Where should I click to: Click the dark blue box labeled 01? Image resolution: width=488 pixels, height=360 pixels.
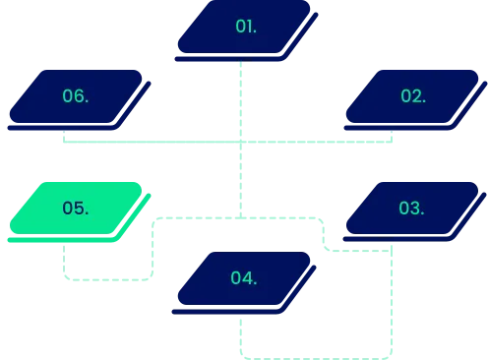[x=246, y=27]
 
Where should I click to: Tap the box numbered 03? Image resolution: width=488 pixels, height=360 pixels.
[x=412, y=209]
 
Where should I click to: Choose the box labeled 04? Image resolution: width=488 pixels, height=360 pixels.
[x=246, y=278]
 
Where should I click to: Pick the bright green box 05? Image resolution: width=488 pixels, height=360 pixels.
[x=77, y=209]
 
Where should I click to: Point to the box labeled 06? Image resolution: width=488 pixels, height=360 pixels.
[x=77, y=96]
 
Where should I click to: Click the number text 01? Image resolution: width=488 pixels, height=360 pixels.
[x=246, y=27]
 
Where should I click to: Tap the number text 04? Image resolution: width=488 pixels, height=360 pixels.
[x=244, y=278]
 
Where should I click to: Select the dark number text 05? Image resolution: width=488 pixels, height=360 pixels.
[x=76, y=209]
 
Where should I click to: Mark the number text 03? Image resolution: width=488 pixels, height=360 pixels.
[x=411, y=209]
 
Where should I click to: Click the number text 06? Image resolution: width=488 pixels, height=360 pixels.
[x=76, y=96]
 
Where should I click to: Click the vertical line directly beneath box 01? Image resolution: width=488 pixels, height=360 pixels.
[x=240, y=98]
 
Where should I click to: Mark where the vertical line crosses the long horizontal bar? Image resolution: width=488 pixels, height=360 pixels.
[x=240, y=143]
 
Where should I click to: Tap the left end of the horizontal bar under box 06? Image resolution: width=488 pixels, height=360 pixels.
[x=66, y=143]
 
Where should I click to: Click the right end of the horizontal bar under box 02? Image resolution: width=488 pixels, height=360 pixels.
[x=391, y=143]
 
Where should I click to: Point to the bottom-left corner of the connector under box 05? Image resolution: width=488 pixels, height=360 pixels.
[x=67, y=279]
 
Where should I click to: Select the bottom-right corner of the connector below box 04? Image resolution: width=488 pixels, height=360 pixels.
[x=392, y=354]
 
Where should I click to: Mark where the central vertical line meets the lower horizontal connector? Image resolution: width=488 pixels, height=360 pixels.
[x=240, y=215]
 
